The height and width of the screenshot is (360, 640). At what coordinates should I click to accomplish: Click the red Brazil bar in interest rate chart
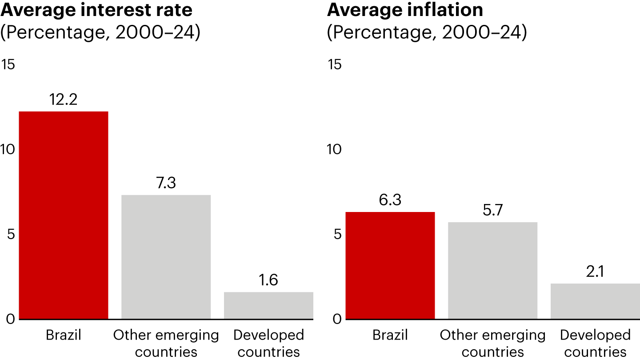64,215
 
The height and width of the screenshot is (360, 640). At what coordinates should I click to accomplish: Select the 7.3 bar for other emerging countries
166,257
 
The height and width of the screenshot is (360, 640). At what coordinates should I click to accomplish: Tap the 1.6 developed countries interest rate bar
268,305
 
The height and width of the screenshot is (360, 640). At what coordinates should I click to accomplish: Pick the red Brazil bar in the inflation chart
390,265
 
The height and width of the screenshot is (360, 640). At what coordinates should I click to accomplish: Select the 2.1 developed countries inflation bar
595,301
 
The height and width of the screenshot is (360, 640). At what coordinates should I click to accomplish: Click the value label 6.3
390,200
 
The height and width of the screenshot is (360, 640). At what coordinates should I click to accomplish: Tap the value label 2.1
595,272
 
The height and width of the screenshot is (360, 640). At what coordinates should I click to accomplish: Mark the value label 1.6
268,280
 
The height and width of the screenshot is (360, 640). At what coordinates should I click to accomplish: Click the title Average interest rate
96,10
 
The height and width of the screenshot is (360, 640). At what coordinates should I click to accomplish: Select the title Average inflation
405,10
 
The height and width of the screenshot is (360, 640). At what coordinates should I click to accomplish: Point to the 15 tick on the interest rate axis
8,65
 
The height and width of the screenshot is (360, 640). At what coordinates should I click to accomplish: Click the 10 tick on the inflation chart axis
334,149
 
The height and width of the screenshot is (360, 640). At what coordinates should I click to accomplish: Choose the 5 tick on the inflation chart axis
337,234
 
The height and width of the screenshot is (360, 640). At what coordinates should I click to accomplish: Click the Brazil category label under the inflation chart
390,335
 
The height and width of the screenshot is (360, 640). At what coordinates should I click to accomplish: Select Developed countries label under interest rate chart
268,344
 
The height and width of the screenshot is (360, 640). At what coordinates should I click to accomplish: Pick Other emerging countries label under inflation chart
492,344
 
